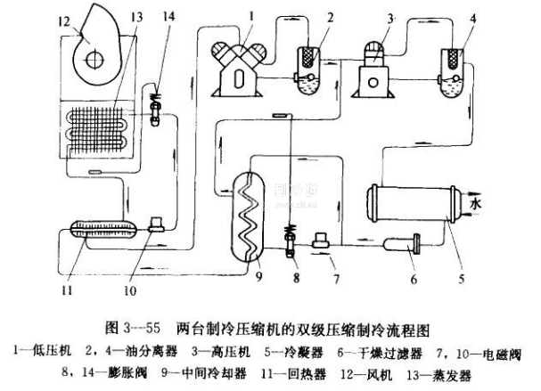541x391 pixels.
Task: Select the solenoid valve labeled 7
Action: point(322,240)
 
